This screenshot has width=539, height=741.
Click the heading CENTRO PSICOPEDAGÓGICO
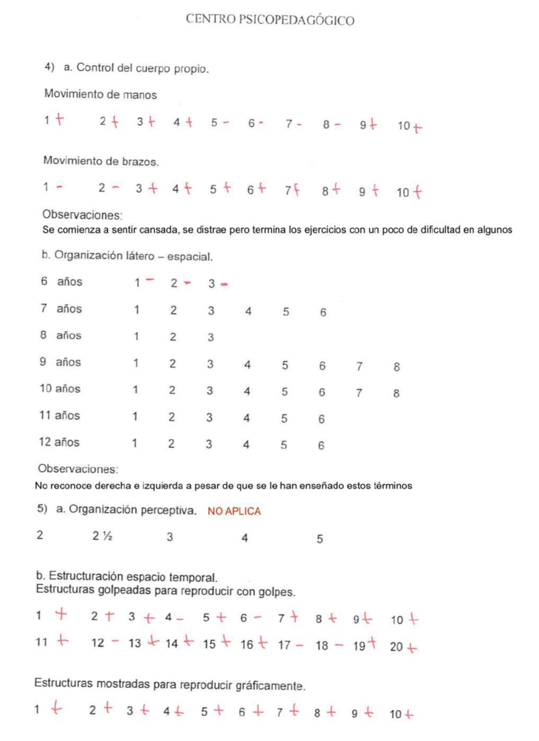pyautogui.click(x=269, y=20)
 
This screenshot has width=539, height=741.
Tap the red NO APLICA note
pyautogui.click(x=234, y=511)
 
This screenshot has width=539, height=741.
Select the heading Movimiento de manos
pyautogui.click(x=100, y=94)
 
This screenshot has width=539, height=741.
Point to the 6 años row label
pyautogui.click(x=61, y=281)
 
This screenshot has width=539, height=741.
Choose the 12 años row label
pyautogui.click(x=60, y=443)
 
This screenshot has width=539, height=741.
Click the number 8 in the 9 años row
pyautogui.click(x=396, y=366)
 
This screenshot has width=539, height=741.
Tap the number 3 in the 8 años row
pyautogui.click(x=210, y=337)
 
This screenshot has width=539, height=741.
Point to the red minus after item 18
pyautogui.click(x=337, y=644)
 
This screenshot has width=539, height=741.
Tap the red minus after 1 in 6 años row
pyautogui.click(x=150, y=280)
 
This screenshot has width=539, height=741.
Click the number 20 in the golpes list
pyautogui.click(x=396, y=647)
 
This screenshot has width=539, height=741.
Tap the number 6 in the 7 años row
pyautogui.click(x=323, y=312)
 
